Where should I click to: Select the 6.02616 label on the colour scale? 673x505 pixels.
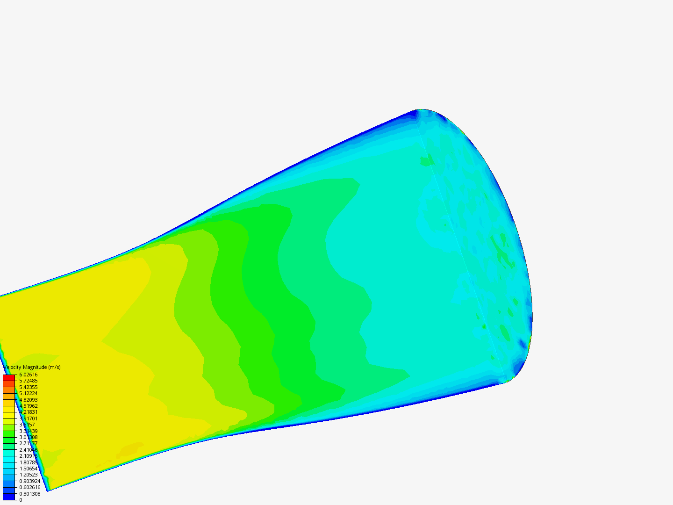[x=28, y=375]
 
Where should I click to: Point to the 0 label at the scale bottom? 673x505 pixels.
[x=21, y=500]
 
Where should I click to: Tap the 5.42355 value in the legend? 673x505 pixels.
[x=28, y=387]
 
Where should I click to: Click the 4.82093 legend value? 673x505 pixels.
[x=28, y=400]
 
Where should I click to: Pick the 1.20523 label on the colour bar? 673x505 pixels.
[x=28, y=475]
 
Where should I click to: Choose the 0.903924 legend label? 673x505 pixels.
[x=29, y=481]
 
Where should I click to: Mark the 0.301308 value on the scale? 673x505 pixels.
[x=29, y=494]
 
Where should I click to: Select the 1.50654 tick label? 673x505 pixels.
[x=28, y=469]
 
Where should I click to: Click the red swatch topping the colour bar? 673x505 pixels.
[x=9, y=377]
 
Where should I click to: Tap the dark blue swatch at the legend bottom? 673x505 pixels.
[x=9, y=497]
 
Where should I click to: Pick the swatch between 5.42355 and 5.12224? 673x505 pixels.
[x=9, y=390]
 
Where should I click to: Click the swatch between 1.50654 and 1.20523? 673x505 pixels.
[x=9, y=471]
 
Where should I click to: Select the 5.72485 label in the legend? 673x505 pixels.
[x=28, y=381]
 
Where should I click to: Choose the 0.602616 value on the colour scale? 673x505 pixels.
[x=29, y=487]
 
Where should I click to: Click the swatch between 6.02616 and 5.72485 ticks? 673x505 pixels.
[x=9, y=377]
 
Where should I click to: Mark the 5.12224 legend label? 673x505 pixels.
[x=28, y=393]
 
